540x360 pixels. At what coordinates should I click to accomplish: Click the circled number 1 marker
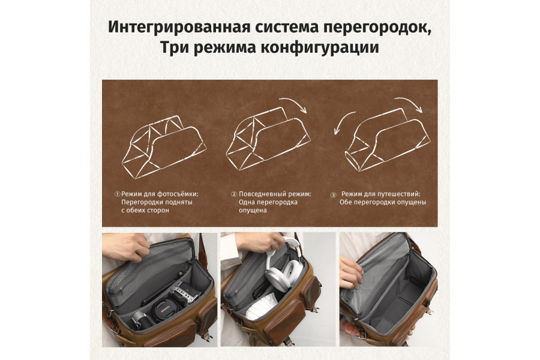[x=118, y=194]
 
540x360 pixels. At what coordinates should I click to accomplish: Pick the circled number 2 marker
[x=234, y=194]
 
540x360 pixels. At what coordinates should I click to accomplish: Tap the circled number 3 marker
[x=334, y=194]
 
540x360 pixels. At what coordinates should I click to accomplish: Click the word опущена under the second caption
[x=253, y=211]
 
